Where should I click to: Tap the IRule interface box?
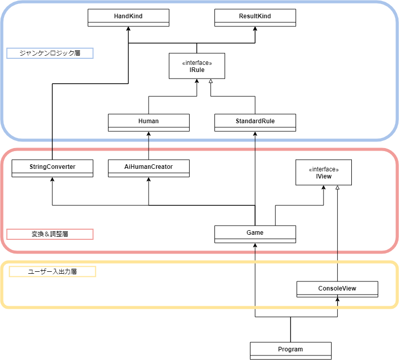197,66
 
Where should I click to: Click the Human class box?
149,122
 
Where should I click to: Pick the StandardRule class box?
255,122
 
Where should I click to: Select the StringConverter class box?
52,168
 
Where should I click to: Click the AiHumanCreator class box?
149,168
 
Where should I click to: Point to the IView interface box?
323,173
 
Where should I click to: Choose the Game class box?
255,234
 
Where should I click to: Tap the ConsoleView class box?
337,290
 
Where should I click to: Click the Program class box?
291,350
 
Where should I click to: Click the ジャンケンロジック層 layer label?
50,53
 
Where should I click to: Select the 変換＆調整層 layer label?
50,234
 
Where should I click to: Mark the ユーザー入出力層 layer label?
52,271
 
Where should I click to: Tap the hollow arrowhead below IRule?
210,82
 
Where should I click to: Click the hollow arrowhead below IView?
337,188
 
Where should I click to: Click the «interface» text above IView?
323,169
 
